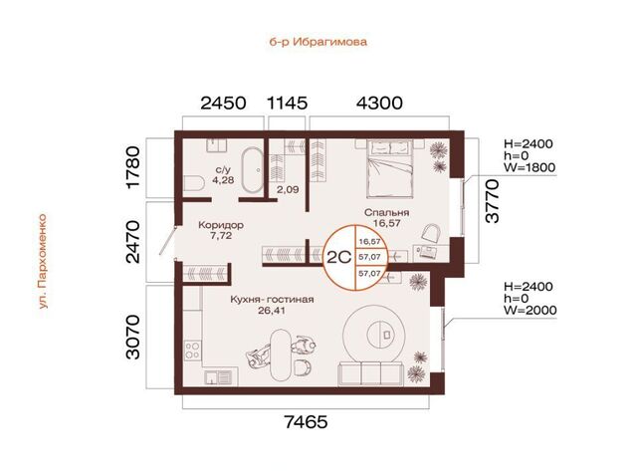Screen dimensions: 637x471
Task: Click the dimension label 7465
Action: (306, 422)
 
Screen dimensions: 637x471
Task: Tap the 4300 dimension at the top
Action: (379, 103)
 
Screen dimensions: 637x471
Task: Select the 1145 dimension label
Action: (287, 103)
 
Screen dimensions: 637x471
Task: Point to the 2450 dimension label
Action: (223, 103)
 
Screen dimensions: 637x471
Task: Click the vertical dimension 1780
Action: (132, 167)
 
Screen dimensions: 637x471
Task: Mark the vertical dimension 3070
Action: (132, 337)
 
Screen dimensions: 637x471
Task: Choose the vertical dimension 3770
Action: (492, 201)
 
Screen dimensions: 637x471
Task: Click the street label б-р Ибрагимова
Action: (318, 42)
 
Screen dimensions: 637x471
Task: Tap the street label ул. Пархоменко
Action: (43, 261)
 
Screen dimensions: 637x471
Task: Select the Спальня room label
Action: (387, 212)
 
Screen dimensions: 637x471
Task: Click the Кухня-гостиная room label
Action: (272, 300)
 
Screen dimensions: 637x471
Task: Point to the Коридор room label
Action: (221, 225)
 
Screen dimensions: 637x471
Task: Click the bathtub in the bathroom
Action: (252, 169)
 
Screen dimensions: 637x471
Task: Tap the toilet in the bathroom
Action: (194, 183)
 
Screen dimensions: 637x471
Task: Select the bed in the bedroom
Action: (389, 168)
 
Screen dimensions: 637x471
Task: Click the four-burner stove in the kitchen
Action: (192, 351)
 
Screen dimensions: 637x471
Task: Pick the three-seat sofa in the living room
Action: (371, 374)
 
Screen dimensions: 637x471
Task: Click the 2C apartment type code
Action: (338, 257)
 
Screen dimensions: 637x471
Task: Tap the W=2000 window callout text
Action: (531, 311)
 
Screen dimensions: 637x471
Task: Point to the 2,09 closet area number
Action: (288, 189)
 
